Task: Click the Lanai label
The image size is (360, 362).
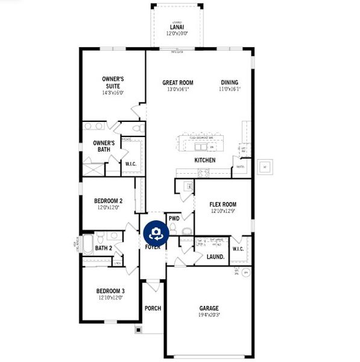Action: coord(177,27)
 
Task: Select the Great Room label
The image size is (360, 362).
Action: coord(178,83)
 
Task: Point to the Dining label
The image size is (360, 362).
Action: coord(229,83)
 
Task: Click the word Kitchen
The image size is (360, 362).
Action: coord(205,160)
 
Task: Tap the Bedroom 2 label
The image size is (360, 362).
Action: coord(109,201)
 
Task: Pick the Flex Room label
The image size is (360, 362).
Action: coord(223,205)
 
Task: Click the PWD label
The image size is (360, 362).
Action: coord(174,218)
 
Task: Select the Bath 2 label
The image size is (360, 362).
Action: coord(104,248)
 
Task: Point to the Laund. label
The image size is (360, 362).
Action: coord(215,256)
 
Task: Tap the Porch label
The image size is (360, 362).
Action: coord(153,308)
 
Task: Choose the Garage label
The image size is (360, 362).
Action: coord(209,308)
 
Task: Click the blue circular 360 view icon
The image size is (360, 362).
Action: coord(156,232)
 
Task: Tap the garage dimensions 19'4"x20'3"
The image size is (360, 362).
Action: coord(209,314)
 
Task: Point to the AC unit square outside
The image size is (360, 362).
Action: coord(264,167)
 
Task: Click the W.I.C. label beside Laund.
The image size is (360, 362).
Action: coord(238,249)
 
